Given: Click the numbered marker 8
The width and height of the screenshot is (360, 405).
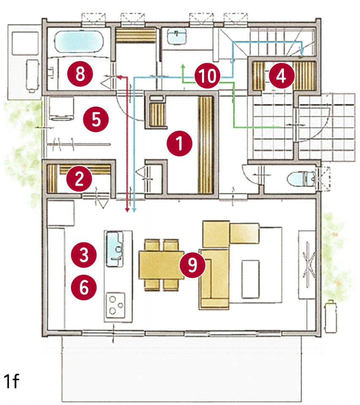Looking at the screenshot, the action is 80,74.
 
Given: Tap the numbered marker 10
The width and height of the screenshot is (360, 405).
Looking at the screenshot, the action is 207,76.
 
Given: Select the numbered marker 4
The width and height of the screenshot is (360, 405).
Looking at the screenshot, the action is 281,76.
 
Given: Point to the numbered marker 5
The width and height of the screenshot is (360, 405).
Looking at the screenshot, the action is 96,119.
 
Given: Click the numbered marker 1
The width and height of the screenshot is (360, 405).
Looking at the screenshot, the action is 179,143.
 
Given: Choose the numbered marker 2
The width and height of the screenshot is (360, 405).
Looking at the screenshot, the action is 79,179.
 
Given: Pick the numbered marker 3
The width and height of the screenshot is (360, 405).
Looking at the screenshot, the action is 84,254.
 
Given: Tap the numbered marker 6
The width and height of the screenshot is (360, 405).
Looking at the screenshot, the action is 84,287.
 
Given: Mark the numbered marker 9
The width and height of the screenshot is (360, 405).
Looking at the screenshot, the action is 193,265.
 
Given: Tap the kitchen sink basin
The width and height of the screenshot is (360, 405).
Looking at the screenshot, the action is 115,249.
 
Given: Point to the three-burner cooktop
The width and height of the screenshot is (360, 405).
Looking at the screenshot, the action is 116,305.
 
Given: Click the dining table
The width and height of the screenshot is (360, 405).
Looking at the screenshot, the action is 161,265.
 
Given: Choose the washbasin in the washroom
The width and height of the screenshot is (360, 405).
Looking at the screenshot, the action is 177,36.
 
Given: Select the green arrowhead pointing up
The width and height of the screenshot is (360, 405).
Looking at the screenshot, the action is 183,66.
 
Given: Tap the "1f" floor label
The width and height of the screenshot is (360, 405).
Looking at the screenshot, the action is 11,381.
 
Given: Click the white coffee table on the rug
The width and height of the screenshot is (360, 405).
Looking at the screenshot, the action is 250,279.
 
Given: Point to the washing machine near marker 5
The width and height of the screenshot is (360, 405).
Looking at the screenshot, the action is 61,109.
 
